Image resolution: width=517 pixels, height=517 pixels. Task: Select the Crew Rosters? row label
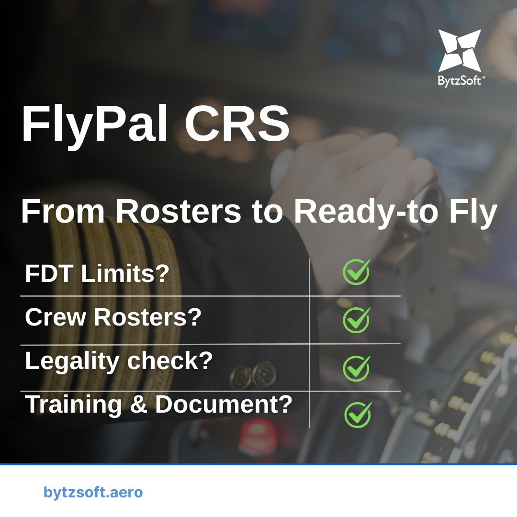[112, 317]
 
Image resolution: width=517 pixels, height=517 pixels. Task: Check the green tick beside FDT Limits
[357, 272]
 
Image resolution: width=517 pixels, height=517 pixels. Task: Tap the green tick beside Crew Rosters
[357, 319]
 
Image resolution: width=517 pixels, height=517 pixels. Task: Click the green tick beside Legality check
[357, 368]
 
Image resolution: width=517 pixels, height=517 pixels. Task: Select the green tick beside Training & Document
[358, 414]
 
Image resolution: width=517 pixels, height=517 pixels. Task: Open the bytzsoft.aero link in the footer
[93, 492]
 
